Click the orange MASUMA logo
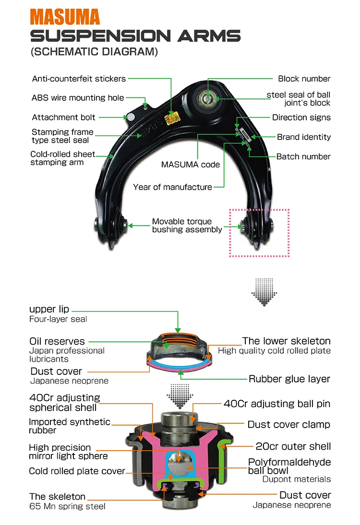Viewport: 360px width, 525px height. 65,16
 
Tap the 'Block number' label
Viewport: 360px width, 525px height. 304,79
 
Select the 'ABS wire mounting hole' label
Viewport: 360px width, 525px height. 78,98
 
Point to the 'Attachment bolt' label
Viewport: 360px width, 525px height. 64,117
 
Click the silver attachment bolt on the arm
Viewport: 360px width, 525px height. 129,117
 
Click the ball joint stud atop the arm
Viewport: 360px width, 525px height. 206,99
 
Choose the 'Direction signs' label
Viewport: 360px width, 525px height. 301,118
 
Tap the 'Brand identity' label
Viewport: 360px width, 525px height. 303,137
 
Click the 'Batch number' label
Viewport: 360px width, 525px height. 303,156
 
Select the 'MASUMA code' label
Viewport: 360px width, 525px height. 191,165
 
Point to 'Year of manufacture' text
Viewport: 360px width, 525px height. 172,187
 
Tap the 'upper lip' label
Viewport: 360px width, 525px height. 49,309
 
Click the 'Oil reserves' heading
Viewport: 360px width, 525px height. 57,342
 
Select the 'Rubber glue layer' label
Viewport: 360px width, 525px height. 289,379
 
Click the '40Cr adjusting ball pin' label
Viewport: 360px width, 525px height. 277,404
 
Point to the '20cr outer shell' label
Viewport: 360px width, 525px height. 293,446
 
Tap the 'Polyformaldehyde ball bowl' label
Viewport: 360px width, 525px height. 289,466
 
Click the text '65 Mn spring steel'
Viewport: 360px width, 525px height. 68,506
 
